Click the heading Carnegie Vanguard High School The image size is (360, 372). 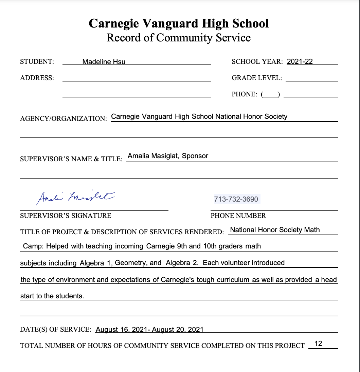[179, 23]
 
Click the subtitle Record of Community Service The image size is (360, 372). [179, 38]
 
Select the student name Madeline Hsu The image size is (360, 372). [104, 62]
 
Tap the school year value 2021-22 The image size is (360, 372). [300, 62]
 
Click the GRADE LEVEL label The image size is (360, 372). [257, 78]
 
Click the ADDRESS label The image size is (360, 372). [37, 78]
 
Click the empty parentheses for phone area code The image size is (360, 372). [270, 94]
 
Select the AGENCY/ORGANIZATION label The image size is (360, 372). [64, 119]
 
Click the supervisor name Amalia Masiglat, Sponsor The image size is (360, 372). [168, 156]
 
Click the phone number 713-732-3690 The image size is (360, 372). [236, 199]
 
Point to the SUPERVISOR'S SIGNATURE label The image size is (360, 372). [66, 216]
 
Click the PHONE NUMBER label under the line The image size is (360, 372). [238, 216]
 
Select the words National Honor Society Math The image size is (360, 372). [275, 230]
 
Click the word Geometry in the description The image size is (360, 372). [130, 263]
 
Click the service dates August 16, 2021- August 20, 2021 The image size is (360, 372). [149, 330]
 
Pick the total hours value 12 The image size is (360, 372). [318, 343]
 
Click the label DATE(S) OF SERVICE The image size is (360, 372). [56, 329]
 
